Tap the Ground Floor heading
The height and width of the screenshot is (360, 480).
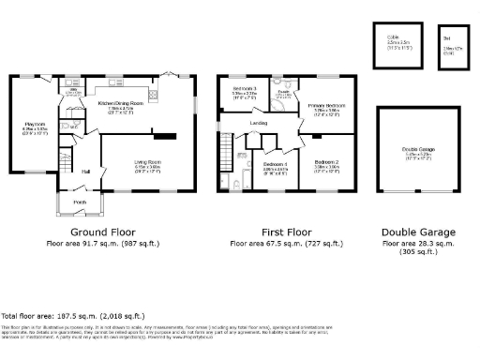[102, 232]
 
